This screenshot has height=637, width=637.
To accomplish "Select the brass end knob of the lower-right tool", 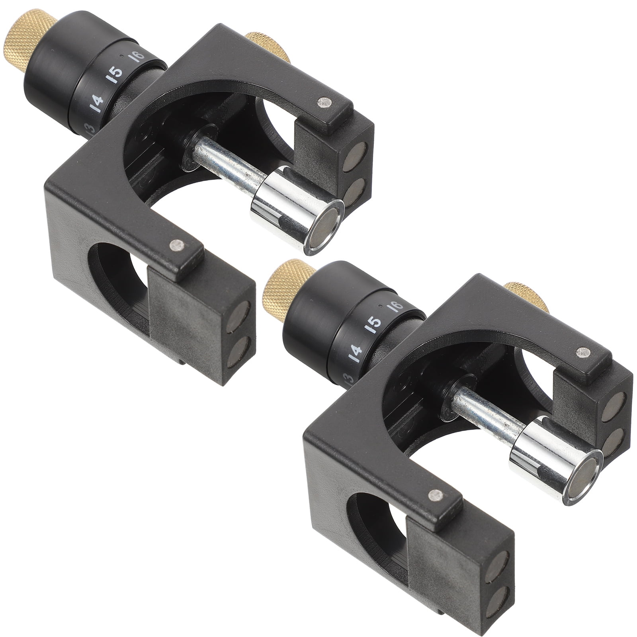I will (278, 292).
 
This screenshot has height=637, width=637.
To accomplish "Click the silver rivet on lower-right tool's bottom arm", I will (434, 494).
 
